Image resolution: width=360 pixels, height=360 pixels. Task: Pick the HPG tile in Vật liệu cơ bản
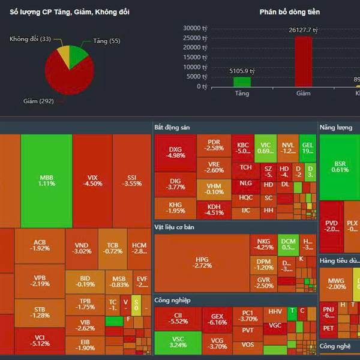point(202,262)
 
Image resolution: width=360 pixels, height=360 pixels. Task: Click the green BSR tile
point(339,166)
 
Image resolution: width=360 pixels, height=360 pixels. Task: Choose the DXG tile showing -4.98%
point(175,152)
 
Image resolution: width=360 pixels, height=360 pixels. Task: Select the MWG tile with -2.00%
point(336,283)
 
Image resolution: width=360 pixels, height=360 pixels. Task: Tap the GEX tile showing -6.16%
point(217,319)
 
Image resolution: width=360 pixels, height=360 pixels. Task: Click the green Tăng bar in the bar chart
point(242,82)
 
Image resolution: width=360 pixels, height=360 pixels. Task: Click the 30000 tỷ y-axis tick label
point(196,28)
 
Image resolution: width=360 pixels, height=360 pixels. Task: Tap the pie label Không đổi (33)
point(30,39)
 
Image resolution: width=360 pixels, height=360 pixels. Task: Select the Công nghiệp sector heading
point(172,300)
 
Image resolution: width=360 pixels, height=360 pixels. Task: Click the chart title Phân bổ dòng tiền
point(290,12)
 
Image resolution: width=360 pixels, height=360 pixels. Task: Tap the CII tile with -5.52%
point(178,318)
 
